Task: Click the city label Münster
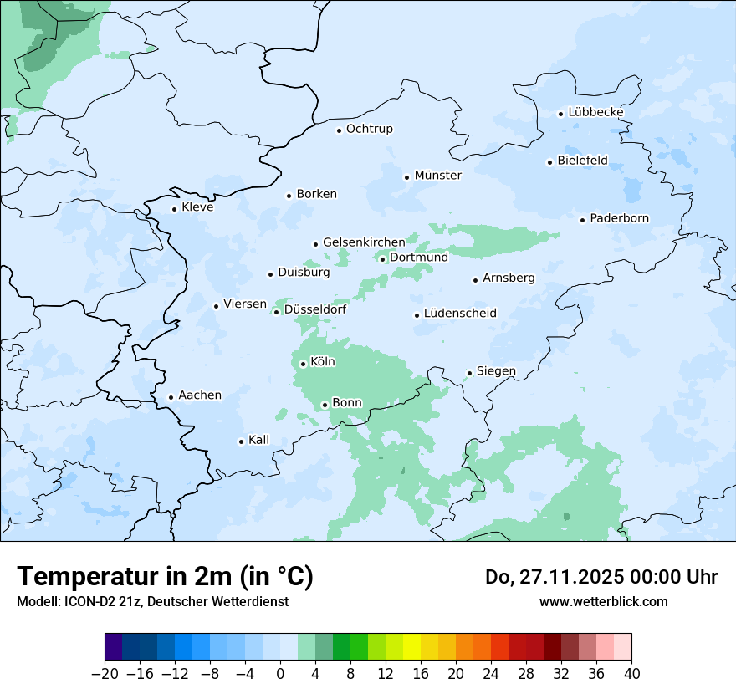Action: point(437,176)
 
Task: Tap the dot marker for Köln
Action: point(303,364)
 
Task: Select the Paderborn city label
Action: point(619,218)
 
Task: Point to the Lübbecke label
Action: point(595,112)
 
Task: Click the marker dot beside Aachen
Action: point(171,398)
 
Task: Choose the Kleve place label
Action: point(197,207)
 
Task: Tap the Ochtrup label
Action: point(369,129)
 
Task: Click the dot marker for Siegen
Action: point(469,373)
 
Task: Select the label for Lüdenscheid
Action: point(460,314)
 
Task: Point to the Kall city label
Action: point(258,440)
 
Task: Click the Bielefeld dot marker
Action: point(549,162)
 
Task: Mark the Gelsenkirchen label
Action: point(364,242)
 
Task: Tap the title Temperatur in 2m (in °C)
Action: point(165,577)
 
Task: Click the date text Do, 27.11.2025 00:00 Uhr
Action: point(601,577)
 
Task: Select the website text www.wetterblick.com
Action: point(603,601)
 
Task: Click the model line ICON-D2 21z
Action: point(152,601)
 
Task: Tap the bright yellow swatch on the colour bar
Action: point(411,647)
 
